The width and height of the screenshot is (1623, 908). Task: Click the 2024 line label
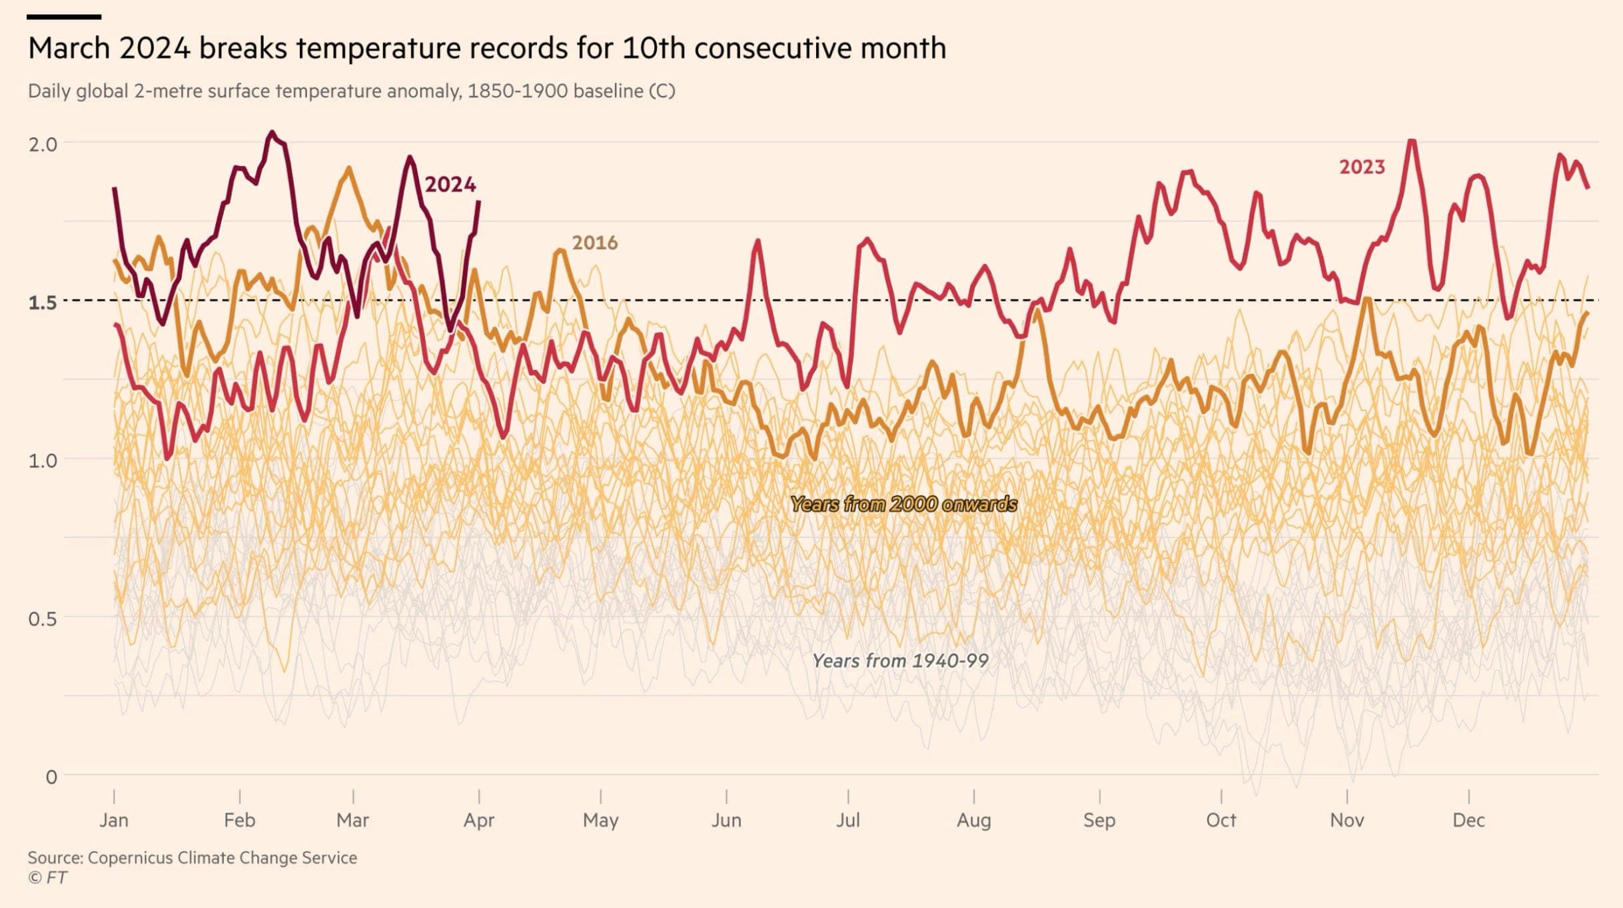click(x=450, y=185)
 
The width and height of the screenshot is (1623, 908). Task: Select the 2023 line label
click(x=1362, y=167)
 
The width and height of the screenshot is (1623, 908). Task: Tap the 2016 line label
click(x=594, y=243)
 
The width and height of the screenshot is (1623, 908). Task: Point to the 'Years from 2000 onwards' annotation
click(x=903, y=504)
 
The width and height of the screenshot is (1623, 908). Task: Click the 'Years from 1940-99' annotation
click(x=900, y=661)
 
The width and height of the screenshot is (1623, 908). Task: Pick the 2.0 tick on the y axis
click(x=43, y=144)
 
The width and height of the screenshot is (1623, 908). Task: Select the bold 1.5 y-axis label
click(x=43, y=303)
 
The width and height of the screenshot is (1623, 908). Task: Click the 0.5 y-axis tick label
click(x=43, y=619)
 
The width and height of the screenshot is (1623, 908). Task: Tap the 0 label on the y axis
click(x=51, y=777)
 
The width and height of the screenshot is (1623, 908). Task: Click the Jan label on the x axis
click(x=114, y=820)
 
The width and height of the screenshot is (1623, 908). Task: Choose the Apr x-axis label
click(x=478, y=820)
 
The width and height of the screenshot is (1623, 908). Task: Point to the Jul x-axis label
click(x=847, y=820)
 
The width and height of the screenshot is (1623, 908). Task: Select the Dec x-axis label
click(x=1468, y=820)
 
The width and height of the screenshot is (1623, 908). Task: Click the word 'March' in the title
click(x=69, y=49)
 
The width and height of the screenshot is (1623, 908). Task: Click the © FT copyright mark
click(x=47, y=877)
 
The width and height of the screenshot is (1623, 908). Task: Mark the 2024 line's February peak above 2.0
click(x=271, y=133)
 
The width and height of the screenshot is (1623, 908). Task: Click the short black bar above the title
click(x=64, y=17)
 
